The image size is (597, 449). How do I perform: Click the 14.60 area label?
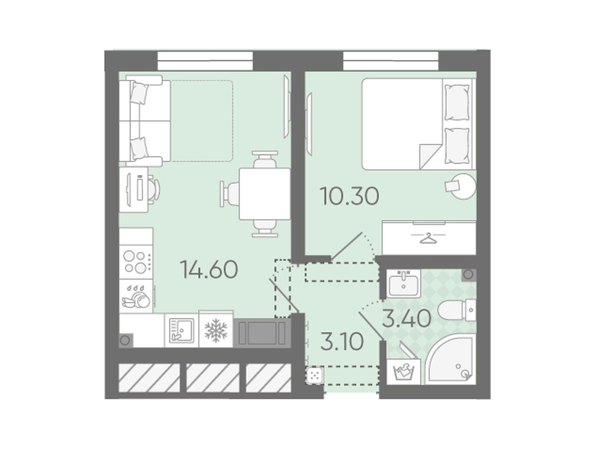pos(209,269)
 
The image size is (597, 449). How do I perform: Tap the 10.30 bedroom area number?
pos(350,196)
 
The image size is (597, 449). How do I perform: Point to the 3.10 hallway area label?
pos(342,342)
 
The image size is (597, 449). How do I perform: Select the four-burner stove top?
pos(136,261)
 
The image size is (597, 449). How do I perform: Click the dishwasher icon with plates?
pos(136,296)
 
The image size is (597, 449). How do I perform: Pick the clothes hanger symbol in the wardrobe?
pos(428,238)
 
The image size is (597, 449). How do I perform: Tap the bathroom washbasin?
pos(404,283)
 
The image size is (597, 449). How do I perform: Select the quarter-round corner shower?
pos(451,360)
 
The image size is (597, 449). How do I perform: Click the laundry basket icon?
pos(403,371)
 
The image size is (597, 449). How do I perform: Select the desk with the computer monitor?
pos(134,190)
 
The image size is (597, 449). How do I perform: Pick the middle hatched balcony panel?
pos(213,378)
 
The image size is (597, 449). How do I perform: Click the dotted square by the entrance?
pos(315,376)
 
